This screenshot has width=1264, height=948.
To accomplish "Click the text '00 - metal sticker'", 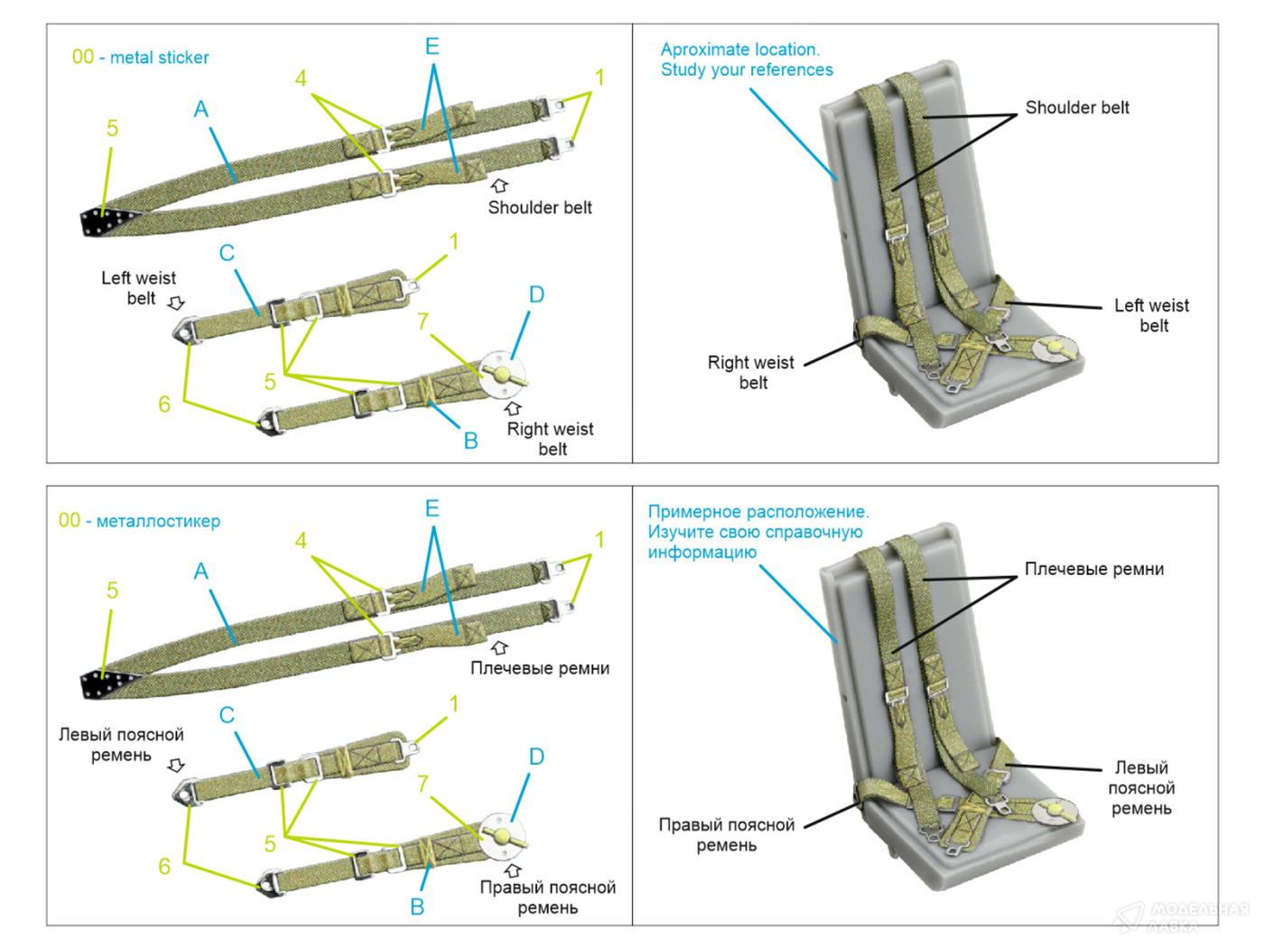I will tap(140, 58).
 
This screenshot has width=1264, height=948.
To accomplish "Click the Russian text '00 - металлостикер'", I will tap(139, 521).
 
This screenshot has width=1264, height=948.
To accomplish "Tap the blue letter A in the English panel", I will tap(200, 109).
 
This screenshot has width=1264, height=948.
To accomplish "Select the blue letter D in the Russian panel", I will tap(536, 757).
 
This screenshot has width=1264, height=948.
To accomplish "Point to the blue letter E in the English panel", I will tap(432, 46).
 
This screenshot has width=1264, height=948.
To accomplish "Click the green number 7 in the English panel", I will tap(423, 321).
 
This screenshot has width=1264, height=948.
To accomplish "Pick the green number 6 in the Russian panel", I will tap(164, 867).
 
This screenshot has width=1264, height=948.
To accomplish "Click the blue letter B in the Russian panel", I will tap(417, 906).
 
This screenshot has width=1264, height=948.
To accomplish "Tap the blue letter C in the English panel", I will tap(227, 253).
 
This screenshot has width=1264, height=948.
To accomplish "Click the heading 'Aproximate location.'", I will tap(739, 50).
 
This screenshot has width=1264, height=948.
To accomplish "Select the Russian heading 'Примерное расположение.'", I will tap(758, 512).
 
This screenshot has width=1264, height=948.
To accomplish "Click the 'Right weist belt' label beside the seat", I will tap(751, 372).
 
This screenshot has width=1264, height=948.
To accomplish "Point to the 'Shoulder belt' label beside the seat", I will tap(1076, 107).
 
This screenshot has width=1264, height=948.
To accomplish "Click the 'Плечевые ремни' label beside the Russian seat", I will tap(1093, 569).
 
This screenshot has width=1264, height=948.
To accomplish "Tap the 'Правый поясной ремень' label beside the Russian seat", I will tap(726, 835).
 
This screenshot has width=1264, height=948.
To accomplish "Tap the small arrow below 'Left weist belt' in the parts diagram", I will tap(176, 303).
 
